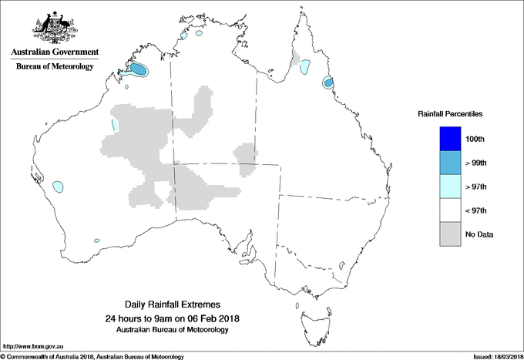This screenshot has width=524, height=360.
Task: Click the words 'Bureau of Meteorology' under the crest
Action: click(x=54, y=66)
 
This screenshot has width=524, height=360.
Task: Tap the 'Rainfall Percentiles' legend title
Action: click(x=450, y=113)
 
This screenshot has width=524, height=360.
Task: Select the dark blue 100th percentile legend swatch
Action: click(x=449, y=139)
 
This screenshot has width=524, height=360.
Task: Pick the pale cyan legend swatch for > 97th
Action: click(x=449, y=187)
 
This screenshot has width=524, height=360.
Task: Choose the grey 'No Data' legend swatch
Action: click(x=449, y=234)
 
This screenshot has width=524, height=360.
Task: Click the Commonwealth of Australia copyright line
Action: click(x=92, y=356)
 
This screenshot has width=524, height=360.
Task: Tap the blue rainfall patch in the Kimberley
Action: click(x=138, y=69)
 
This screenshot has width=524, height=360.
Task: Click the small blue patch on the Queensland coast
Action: click(x=327, y=82)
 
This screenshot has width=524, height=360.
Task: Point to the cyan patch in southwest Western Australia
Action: click(x=58, y=186)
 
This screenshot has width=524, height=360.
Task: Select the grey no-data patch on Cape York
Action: click(x=296, y=59)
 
